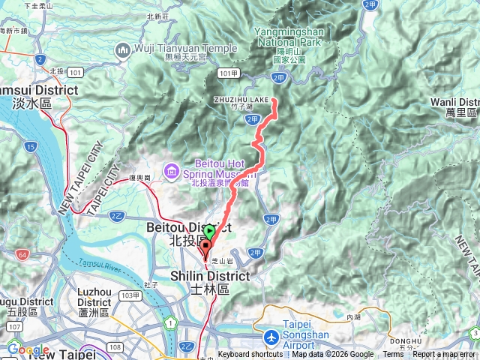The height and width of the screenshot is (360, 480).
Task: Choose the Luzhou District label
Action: (x=94, y=301)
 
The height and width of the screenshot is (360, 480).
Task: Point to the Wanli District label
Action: (x=456, y=106)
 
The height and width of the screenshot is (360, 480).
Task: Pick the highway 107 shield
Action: (x=14, y=327)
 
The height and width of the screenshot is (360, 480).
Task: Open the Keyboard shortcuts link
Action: (x=250, y=355)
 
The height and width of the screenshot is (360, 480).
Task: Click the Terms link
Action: (x=393, y=355)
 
